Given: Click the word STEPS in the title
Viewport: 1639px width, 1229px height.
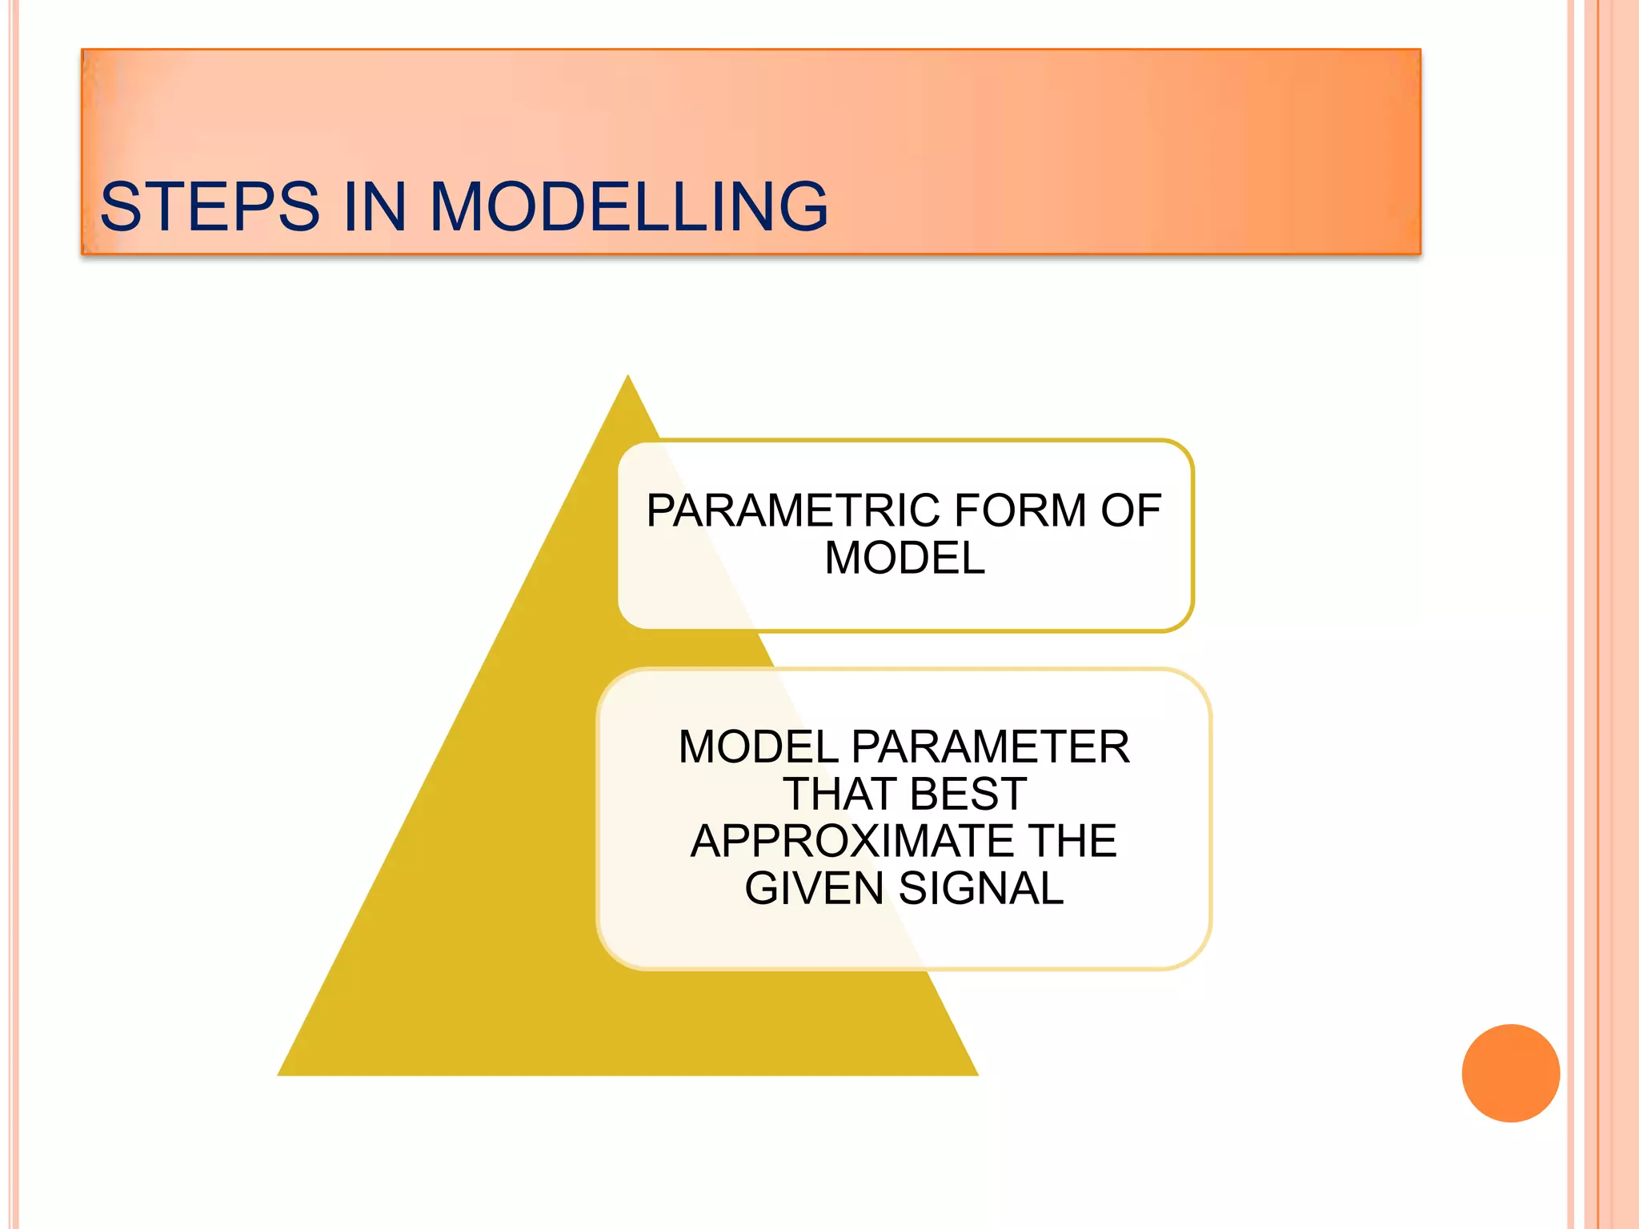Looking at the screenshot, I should point(210,207).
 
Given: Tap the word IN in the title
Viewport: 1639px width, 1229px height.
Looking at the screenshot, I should point(375,207).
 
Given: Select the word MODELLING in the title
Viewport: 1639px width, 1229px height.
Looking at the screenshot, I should point(629,207).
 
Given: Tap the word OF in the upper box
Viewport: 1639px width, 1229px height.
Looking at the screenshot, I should point(1131,510).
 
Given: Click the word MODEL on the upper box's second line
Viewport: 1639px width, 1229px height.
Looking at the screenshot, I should point(904,558).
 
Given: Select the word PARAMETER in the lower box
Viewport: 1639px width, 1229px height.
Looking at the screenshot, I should point(990,747).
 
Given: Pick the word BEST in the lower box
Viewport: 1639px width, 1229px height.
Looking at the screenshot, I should point(968,794).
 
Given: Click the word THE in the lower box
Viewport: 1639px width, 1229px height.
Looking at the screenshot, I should point(1073,841).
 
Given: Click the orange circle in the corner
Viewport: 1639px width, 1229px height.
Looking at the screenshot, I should point(1510,1073).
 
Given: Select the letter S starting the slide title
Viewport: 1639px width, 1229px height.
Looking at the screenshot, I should point(121,207).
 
